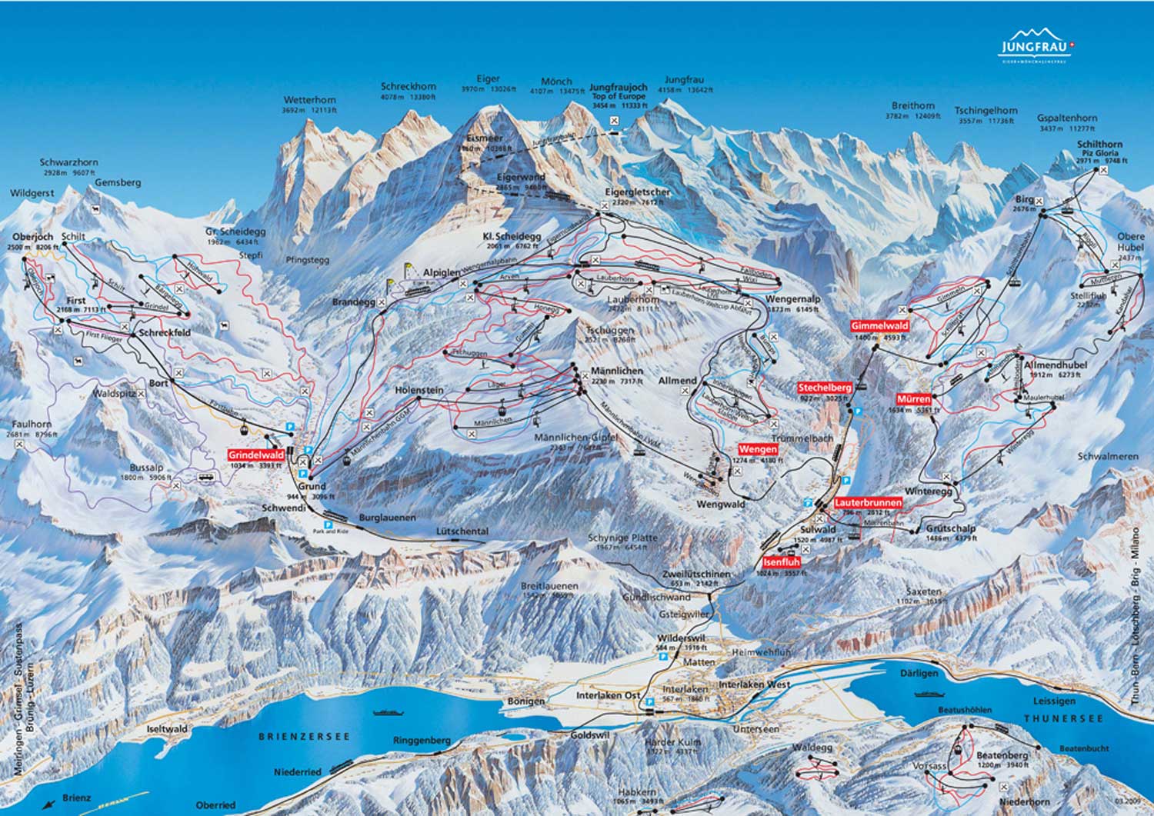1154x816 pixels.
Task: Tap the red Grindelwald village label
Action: point(256,455)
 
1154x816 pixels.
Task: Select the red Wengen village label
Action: point(757,449)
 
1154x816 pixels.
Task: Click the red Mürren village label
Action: point(914,399)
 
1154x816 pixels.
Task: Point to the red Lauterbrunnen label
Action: point(868,503)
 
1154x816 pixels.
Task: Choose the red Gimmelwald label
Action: point(879,326)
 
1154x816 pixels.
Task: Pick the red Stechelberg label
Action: point(825,388)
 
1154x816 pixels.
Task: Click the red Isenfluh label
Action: point(782,562)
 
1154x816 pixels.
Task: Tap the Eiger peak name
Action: point(488,79)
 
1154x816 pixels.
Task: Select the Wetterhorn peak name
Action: point(309,100)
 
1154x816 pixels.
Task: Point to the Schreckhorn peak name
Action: point(409,87)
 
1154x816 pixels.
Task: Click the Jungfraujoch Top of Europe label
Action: point(619,93)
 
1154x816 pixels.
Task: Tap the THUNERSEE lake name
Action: point(1063,718)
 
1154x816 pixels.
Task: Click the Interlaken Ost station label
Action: point(608,695)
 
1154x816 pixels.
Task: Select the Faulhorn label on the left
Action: point(28,424)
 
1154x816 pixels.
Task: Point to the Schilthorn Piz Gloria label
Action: point(1099,148)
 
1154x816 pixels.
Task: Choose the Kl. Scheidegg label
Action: point(512,236)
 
